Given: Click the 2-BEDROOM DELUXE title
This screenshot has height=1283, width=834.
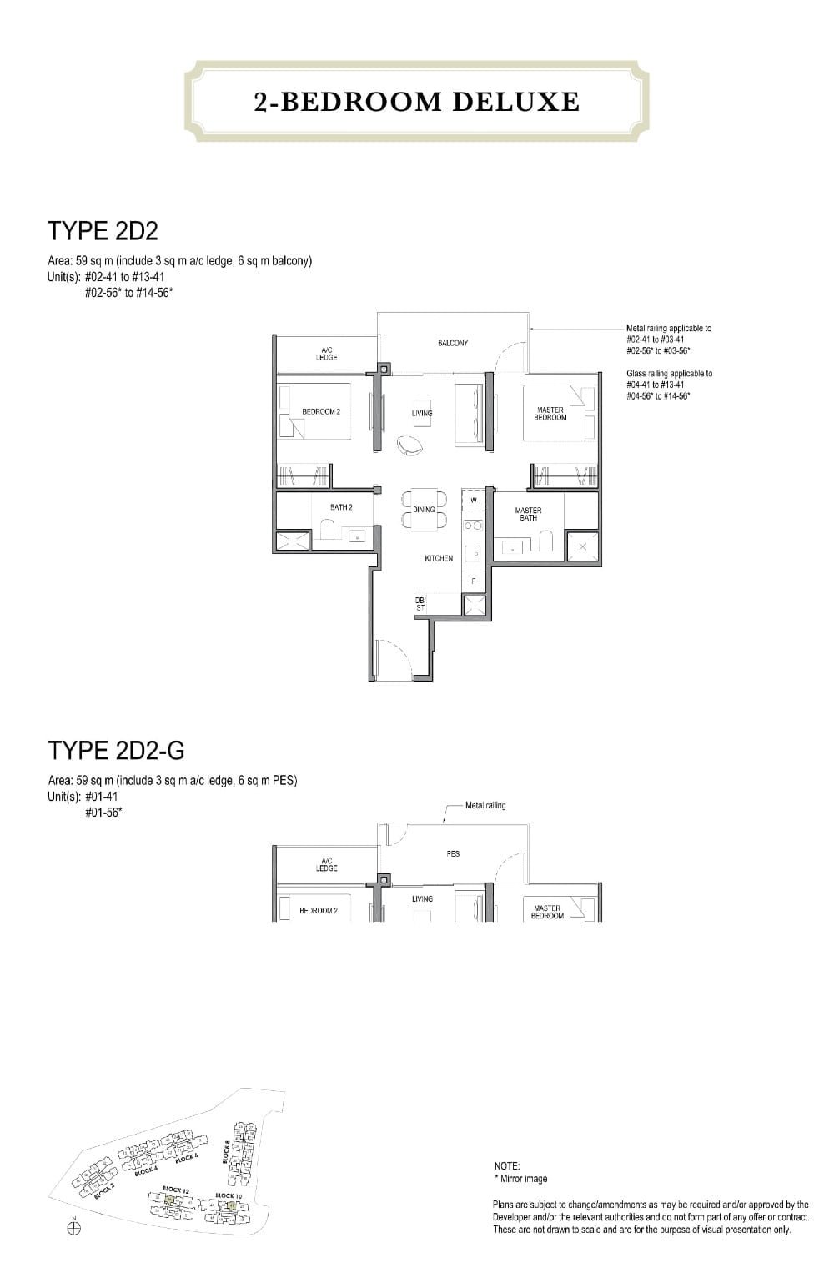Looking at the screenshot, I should pos(416,102).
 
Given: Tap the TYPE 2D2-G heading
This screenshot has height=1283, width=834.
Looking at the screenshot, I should pos(116,751).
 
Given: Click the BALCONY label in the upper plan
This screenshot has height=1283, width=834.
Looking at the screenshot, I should pos(453,343).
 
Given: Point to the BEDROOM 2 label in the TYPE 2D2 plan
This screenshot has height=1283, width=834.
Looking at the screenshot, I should pos(320,411).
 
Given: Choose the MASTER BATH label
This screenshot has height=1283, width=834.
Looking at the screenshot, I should pos(528,514).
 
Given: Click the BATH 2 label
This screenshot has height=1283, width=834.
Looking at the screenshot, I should pos(341,507).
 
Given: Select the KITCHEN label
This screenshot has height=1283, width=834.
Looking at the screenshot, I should pos(439,558).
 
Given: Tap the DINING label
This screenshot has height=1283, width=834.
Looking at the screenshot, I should pos(424,510).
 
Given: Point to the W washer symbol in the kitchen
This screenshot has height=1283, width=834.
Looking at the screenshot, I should pos(474,500).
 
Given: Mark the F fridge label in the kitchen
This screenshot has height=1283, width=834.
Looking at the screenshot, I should pos(474,581).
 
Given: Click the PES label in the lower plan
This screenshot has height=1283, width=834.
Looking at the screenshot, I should pos(453,853).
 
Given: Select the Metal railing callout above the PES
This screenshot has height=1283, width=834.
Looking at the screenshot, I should pos(485,805).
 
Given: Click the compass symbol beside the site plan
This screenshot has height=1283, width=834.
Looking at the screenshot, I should pos(73,1228).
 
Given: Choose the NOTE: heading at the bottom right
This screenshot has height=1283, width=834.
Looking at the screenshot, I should pos(507,1166).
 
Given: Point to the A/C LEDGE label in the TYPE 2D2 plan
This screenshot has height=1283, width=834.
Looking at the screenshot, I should pos(326,354).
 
